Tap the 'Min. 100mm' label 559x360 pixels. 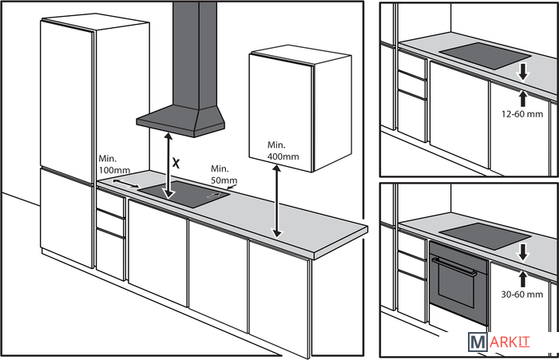113,165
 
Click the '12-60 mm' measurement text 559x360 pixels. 523,115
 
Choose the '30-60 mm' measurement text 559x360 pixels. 523,295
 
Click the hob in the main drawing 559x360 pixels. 184,193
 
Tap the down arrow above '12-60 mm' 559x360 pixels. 523,73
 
